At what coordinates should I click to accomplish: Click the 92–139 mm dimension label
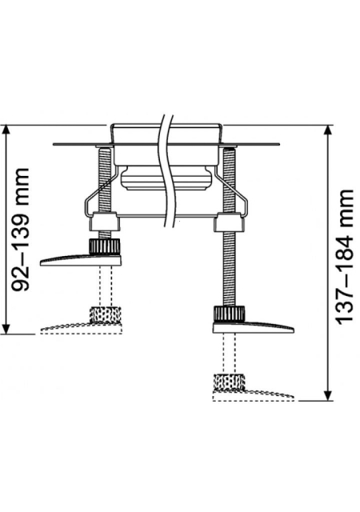[x=21, y=230]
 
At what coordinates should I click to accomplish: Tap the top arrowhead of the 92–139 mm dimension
[x=6, y=130]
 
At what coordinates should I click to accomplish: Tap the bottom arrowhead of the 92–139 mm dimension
[x=6, y=329]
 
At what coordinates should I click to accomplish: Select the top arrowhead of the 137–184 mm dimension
[x=328, y=130]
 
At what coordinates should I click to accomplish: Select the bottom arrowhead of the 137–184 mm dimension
[x=328, y=395]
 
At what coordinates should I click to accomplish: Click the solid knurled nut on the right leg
[x=229, y=314]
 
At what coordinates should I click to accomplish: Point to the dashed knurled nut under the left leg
[x=105, y=314]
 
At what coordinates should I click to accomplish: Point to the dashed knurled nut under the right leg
[x=229, y=382]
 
